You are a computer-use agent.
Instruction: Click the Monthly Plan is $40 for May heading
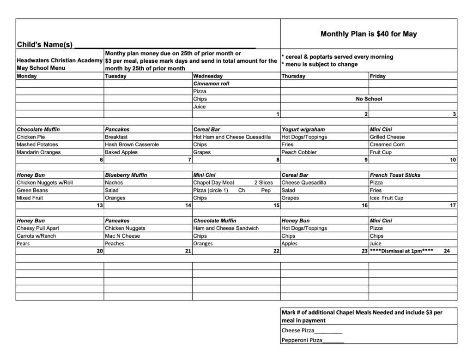[x=369, y=34]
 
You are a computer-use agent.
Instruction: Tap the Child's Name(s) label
[x=45, y=44]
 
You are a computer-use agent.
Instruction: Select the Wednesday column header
[x=208, y=76]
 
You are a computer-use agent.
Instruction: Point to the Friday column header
[x=378, y=76]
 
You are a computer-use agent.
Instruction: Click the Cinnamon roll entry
[x=211, y=84]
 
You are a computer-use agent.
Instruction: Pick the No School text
[x=369, y=99]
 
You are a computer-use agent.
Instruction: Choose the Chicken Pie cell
[x=31, y=137]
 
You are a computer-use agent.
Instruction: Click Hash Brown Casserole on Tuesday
[x=132, y=144]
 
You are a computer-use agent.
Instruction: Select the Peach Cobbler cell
[x=299, y=152]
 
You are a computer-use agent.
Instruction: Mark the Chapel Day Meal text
[x=214, y=183]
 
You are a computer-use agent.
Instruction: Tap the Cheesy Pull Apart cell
[x=38, y=228]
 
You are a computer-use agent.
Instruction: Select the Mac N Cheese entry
[x=122, y=236]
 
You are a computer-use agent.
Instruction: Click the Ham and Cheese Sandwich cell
[x=226, y=228]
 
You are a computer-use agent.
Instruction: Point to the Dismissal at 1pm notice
[x=401, y=251]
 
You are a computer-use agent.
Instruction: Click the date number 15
[x=276, y=205]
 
